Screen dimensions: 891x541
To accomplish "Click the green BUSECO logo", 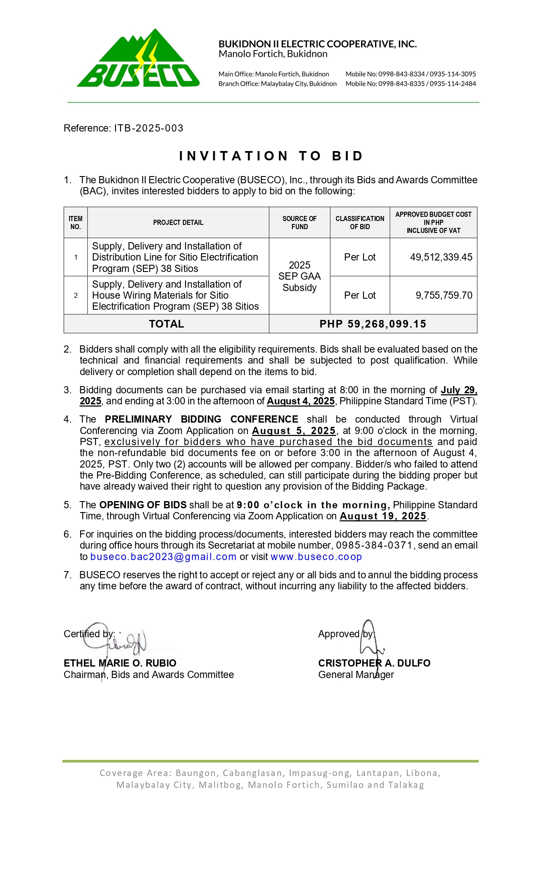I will [138, 59].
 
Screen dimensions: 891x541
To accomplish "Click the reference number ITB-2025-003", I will [149, 128].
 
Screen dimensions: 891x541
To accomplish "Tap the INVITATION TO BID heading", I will [271, 156].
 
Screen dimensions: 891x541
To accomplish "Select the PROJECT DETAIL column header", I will [178, 223].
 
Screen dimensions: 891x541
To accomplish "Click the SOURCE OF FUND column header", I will [300, 223].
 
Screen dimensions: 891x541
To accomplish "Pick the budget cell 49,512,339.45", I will [441, 257].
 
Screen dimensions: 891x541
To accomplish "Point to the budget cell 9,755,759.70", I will [444, 295].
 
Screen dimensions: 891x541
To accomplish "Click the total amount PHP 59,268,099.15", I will [373, 324].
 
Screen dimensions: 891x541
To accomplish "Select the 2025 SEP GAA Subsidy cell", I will [300, 276].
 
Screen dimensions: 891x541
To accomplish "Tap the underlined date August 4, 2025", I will [301, 401].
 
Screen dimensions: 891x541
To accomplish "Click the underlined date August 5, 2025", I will [294, 431].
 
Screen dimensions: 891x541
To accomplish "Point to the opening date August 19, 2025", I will [383, 516].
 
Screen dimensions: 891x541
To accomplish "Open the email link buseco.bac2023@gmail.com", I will [163, 557].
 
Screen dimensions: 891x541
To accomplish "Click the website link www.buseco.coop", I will [316, 557].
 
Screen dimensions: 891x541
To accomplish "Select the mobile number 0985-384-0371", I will [374, 546].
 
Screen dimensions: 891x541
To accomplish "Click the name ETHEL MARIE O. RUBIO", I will [120, 663].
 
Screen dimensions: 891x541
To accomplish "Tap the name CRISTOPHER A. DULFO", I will [374, 663].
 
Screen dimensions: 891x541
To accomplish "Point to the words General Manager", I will [356, 675].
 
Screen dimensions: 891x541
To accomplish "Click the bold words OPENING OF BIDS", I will [143, 505].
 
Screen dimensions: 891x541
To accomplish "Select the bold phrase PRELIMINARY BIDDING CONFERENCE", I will [202, 420].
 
